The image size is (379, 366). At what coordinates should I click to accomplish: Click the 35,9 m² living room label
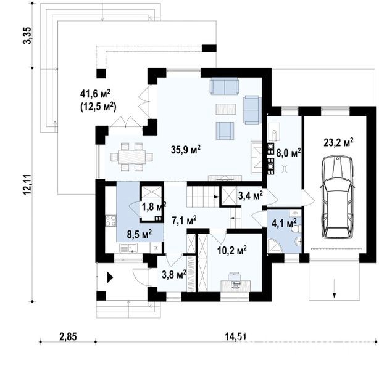coord(186,150)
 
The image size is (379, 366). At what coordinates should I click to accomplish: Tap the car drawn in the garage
coord(337,197)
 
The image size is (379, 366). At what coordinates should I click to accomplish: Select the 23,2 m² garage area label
coord(338,142)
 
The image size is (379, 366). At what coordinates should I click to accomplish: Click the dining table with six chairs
coord(131,157)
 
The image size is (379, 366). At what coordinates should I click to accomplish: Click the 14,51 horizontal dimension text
coord(235,336)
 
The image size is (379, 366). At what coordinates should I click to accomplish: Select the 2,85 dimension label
coord(68,336)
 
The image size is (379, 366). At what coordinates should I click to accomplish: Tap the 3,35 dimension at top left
coord(27,35)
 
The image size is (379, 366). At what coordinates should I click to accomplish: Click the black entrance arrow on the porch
coord(110,277)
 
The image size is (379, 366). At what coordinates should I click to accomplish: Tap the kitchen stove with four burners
coord(110,221)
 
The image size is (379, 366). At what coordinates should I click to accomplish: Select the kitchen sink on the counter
coord(128,248)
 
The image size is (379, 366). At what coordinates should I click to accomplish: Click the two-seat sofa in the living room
coord(225,86)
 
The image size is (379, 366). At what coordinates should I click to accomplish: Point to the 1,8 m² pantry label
coord(154,207)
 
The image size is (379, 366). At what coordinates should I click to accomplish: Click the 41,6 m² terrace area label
coord(95,94)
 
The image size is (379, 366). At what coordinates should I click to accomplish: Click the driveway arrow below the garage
coord(335,288)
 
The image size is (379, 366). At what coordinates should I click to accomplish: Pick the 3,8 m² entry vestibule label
coord(174,274)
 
